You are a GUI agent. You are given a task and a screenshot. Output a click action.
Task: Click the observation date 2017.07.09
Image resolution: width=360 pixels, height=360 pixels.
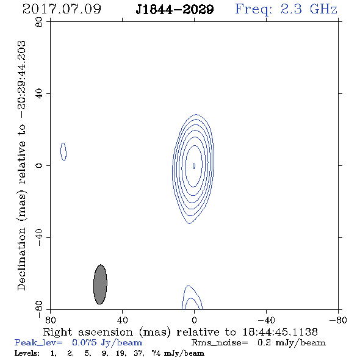[62, 9]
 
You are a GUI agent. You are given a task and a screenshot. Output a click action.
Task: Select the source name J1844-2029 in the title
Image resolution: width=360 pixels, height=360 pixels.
[175, 9]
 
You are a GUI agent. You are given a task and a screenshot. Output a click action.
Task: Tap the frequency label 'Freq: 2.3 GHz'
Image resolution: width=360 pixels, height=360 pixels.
[286, 9]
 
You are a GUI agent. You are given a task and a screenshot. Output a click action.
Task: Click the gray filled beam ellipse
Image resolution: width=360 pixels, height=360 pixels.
[100, 284]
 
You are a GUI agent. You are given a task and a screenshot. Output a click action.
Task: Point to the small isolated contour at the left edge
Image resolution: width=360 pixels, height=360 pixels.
[63, 152]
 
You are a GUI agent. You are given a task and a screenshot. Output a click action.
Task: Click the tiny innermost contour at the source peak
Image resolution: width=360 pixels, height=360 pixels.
[194, 166]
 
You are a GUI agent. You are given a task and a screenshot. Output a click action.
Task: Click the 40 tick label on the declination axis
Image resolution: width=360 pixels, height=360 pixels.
[39, 94]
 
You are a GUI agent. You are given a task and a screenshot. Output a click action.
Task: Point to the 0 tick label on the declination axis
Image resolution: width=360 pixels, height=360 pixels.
[39, 165]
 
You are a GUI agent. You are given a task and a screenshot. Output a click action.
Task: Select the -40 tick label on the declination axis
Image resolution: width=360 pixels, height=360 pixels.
[39, 237]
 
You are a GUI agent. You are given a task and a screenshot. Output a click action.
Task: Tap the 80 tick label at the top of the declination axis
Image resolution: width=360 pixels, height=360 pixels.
[39, 22]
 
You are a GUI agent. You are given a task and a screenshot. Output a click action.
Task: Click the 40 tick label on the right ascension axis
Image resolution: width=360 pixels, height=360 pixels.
[122, 320]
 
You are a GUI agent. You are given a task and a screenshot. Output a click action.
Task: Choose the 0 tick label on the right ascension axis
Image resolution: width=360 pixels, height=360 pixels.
[194, 320]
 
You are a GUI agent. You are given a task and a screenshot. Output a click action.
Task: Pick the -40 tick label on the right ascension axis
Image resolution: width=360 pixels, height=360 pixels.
[266, 320]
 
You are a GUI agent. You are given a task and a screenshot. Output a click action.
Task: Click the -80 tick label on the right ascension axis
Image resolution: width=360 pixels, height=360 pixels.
[338, 320]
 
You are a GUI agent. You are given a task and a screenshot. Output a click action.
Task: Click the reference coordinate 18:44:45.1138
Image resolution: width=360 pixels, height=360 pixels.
[280, 332]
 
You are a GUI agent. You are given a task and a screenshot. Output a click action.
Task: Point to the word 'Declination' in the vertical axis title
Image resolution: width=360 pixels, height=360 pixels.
[21, 259]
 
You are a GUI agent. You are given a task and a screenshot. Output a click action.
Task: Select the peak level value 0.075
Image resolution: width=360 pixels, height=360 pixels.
[84, 342]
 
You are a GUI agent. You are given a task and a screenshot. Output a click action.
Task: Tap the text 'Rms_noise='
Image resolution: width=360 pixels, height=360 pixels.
[220, 343]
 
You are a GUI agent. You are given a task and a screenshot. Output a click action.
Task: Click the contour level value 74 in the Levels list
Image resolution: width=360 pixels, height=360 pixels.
[156, 353]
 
